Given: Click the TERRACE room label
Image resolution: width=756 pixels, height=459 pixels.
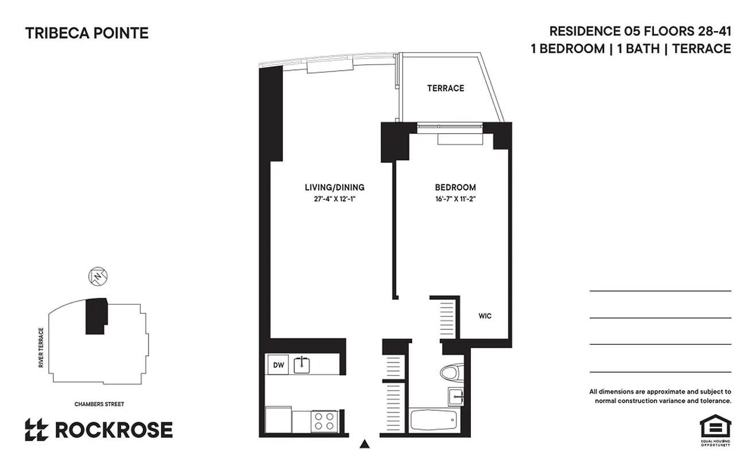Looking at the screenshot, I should click(445, 88).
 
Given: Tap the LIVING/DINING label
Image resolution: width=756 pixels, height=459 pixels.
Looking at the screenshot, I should click(334, 188).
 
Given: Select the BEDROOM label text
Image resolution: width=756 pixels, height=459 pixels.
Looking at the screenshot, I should click(455, 188).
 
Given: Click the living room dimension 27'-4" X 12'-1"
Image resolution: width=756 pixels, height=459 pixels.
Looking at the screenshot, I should click(334, 199).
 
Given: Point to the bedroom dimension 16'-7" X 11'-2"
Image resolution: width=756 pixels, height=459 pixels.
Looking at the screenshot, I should click(455, 199).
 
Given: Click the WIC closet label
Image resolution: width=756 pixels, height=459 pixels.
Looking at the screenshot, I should click(485, 316).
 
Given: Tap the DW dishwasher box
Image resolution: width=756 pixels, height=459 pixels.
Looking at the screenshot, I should click(277, 364).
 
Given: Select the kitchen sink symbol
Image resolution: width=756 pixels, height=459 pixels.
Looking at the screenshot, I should click(302, 364).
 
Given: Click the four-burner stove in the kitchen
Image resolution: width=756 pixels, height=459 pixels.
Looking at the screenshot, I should click(324, 421).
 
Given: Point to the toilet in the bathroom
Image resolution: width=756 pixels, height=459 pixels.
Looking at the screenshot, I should click(451, 373).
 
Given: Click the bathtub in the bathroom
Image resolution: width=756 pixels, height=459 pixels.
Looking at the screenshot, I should click(434, 422).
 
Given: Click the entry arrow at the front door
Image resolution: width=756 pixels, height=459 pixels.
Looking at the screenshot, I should click(364, 444).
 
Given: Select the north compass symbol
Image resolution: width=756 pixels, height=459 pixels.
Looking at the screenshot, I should click(99, 277).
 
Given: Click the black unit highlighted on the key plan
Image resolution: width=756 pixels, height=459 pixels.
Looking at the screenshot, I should click(96, 316).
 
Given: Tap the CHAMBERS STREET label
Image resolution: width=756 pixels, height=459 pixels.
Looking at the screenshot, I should click(99, 404).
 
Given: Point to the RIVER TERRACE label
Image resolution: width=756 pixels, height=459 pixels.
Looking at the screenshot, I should click(41, 348).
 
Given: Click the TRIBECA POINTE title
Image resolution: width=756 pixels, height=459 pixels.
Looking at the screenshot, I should click(87, 33).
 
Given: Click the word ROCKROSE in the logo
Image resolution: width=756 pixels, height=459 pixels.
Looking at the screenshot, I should click(114, 430).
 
